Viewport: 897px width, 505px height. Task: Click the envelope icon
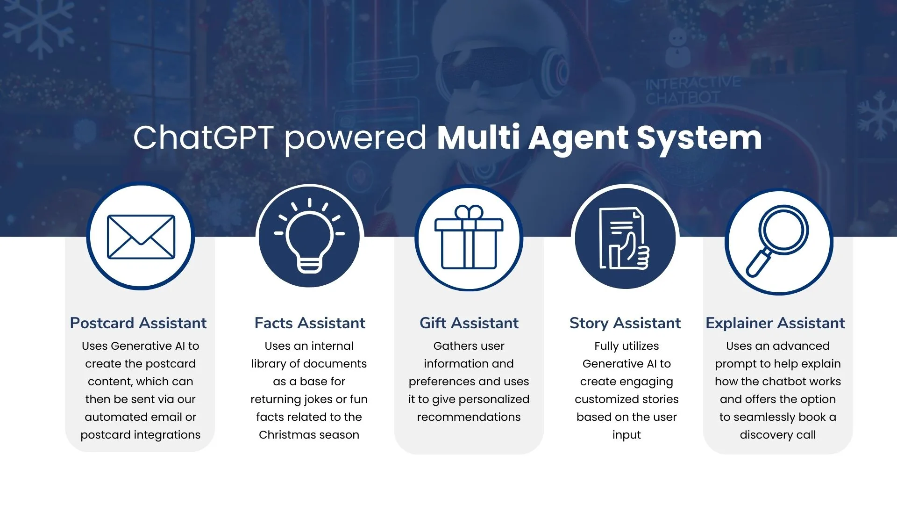tap(141, 237)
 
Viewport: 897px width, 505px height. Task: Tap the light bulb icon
tap(309, 236)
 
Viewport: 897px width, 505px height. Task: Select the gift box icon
tap(469, 238)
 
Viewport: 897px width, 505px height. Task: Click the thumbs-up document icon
tap(625, 238)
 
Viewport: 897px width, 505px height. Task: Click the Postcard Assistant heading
tap(138, 323)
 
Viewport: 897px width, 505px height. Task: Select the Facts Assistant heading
tap(310, 323)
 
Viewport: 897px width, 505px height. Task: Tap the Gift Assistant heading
tap(469, 323)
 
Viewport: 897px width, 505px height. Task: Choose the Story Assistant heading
tap(625, 323)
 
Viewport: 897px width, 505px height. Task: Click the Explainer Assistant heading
tap(775, 323)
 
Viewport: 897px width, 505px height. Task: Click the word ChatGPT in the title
tap(203, 137)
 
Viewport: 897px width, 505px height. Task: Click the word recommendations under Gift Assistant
tap(469, 417)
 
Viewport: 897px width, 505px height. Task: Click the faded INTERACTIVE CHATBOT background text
tap(693, 91)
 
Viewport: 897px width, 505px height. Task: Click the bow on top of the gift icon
tap(469, 213)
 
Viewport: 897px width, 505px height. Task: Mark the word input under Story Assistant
tap(626, 435)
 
